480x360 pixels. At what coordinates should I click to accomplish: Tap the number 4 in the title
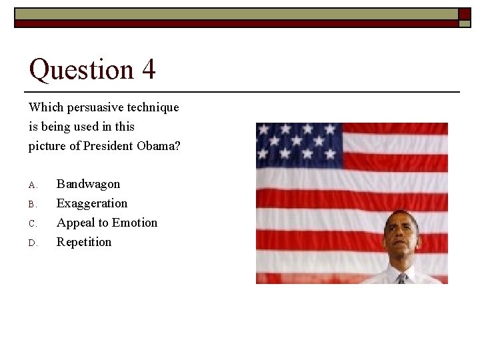click(149, 69)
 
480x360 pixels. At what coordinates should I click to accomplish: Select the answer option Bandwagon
click(88, 184)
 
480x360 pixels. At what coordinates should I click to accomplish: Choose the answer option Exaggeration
click(91, 203)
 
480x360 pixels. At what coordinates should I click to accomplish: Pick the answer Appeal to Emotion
click(107, 223)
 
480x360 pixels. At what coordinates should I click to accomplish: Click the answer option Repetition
click(84, 242)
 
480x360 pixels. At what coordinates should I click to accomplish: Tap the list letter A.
click(32, 185)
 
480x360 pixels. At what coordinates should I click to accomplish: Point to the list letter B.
click(32, 204)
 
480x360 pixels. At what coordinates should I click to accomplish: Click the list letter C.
click(32, 223)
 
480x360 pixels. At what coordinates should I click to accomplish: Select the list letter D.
click(32, 243)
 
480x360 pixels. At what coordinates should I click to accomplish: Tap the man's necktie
click(401, 278)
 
